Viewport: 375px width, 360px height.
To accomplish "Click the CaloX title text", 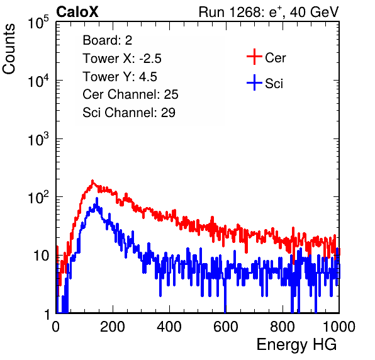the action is point(77,12).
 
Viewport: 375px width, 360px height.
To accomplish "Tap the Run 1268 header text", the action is point(269,12).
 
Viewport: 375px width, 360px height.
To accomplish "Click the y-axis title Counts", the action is point(9,49).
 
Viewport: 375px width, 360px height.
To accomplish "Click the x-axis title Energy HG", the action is point(296,345).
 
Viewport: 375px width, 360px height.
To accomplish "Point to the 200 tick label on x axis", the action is point(113,327).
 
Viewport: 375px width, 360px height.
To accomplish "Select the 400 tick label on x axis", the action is point(169,327).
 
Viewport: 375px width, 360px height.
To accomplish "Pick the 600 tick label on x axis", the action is point(226,327).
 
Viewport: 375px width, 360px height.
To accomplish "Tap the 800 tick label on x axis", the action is point(283,327).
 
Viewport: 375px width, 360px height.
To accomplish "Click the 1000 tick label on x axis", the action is point(339,327).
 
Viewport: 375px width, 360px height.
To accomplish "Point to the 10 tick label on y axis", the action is point(42,256).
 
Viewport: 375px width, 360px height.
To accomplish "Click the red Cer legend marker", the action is point(254,57).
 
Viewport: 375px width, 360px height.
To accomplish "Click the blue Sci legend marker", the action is point(254,82).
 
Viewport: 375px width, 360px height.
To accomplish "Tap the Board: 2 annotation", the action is point(108,40).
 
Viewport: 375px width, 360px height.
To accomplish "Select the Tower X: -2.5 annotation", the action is point(122,59).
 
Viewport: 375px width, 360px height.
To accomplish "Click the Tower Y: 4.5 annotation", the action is point(120,77).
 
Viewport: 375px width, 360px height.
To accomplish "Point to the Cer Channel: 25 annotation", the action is point(130,94).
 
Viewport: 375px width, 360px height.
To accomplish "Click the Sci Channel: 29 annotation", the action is point(129,113).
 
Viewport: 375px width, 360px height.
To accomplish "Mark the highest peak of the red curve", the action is point(92,181).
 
